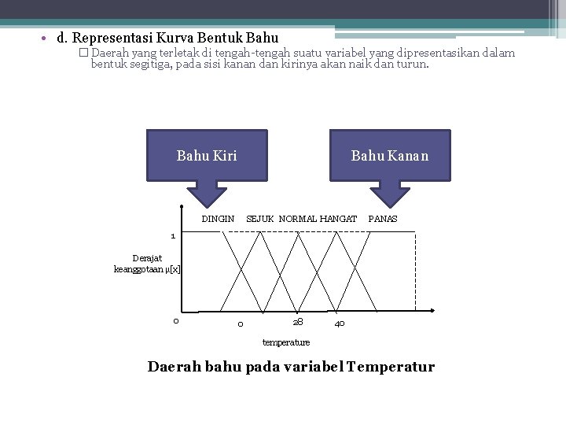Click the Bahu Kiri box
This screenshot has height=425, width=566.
(x=206, y=155)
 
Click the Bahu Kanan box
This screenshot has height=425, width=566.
(x=389, y=155)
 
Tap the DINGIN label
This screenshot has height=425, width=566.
(x=218, y=218)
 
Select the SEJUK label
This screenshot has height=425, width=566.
(x=260, y=218)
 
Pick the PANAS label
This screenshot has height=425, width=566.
(x=383, y=218)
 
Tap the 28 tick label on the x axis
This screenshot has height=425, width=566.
(x=298, y=322)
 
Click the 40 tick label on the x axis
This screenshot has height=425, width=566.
(x=339, y=323)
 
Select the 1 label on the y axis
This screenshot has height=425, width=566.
(x=174, y=235)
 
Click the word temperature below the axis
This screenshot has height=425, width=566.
(x=286, y=342)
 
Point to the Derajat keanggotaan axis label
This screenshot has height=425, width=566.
(x=147, y=264)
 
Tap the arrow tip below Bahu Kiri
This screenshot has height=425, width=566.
(x=206, y=208)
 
